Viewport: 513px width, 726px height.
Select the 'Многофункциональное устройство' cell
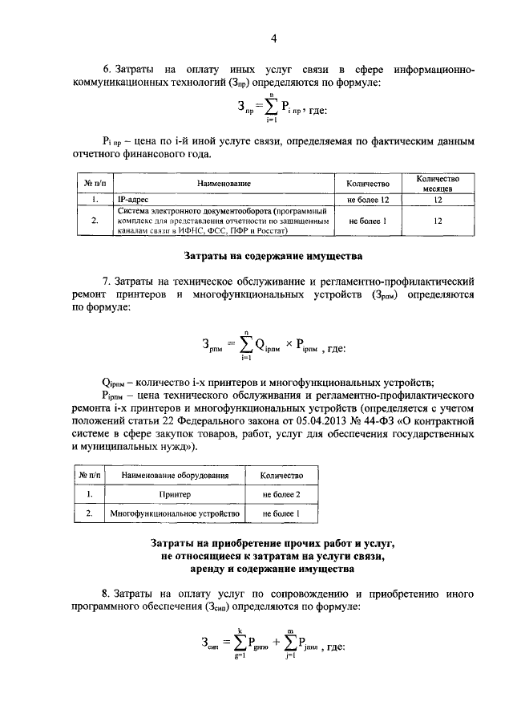[175, 513]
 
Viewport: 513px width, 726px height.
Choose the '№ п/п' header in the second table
[86, 477]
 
